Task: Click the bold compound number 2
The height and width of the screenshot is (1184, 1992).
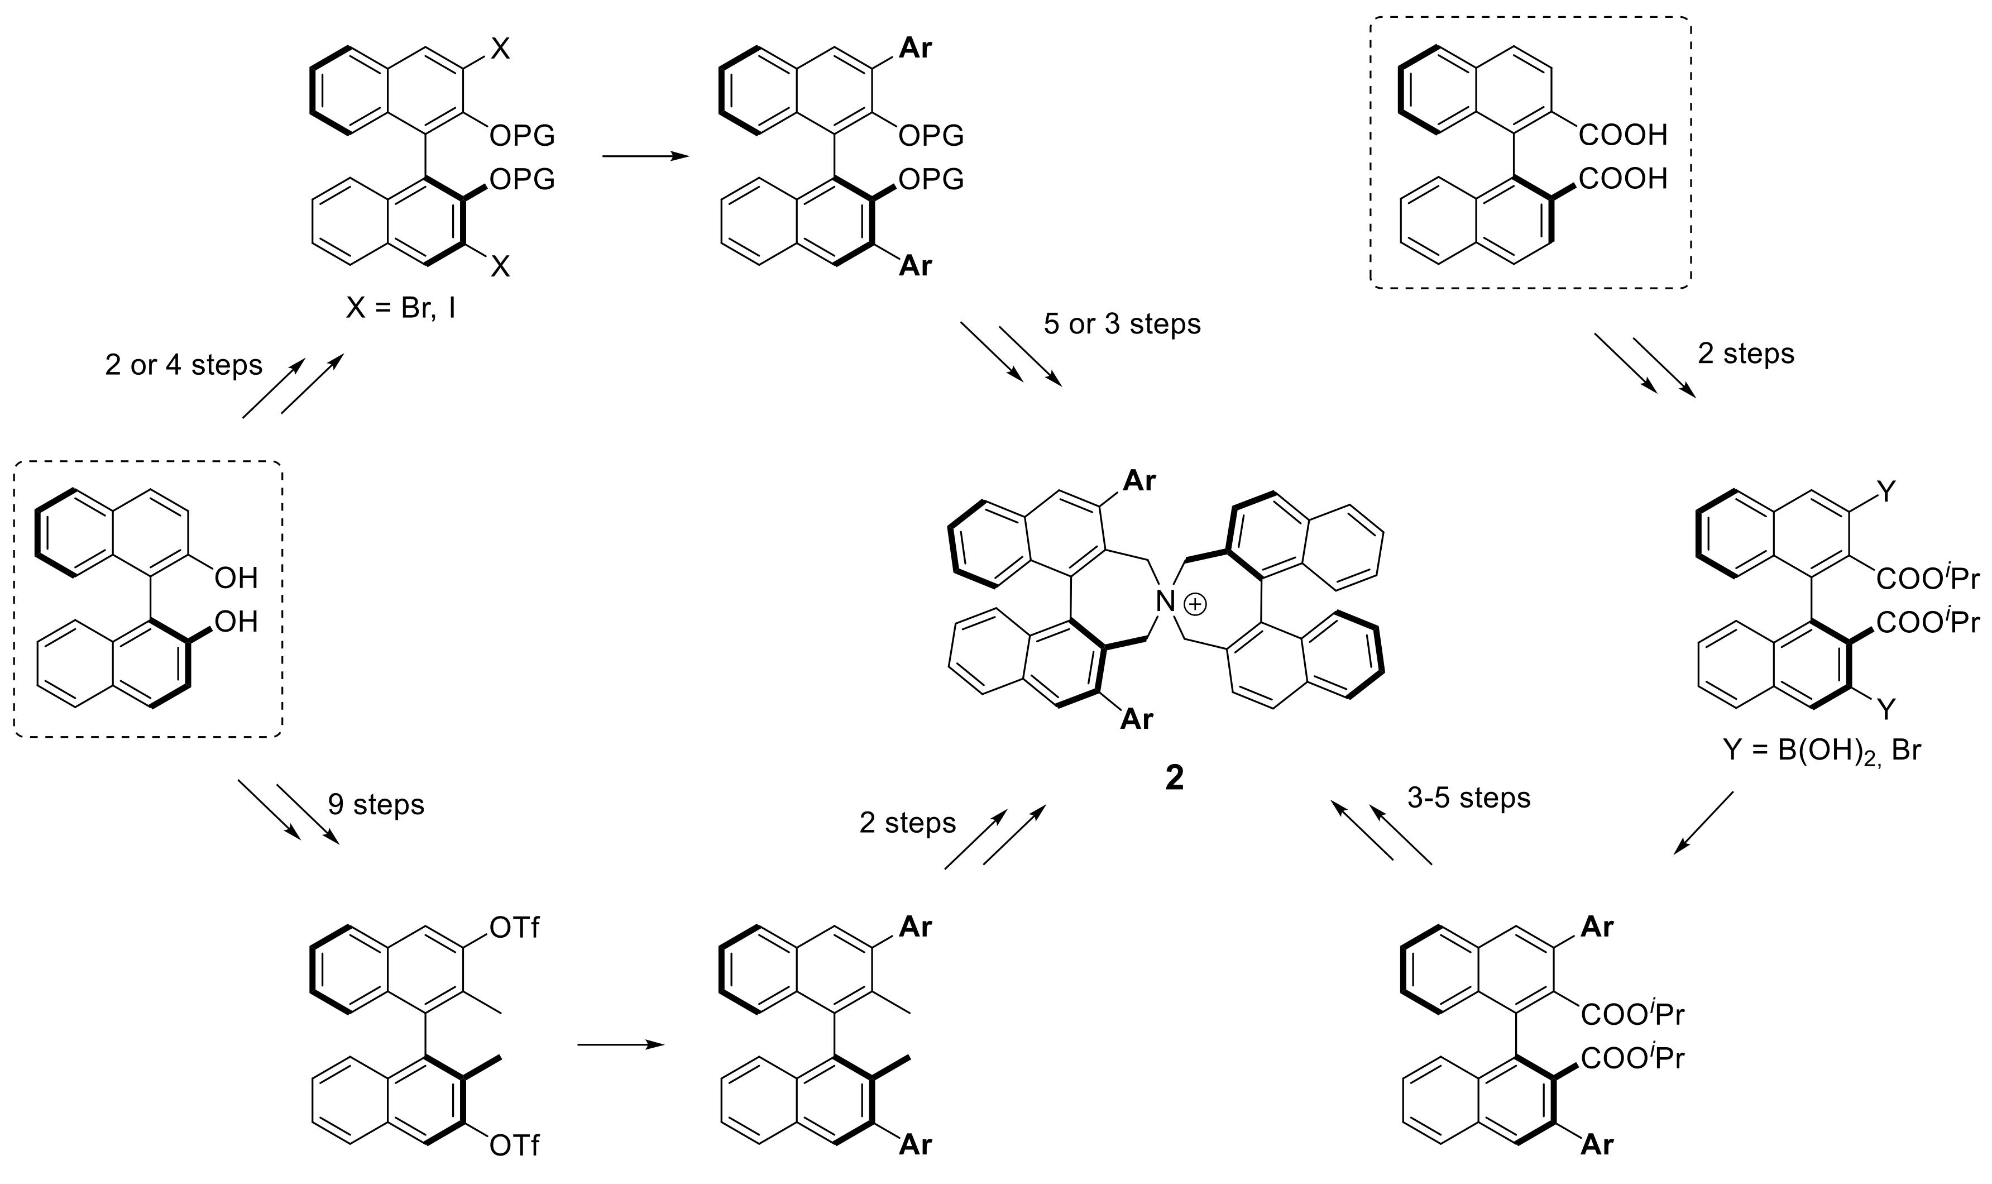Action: (x=1175, y=779)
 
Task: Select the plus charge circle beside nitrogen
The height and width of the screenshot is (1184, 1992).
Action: (x=1195, y=605)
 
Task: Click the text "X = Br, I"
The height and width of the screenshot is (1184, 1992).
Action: (x=401, y=307)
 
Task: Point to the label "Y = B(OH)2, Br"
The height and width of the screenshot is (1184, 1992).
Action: (x=1821, y=750)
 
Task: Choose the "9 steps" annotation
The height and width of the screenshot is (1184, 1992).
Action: (x=376, y=804)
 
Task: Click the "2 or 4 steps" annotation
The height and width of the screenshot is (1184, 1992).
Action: (x=184, y=365)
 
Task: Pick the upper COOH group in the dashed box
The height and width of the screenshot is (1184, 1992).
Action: (x=1623, y=135)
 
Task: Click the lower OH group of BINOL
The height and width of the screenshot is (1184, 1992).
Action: (x=236, y=622)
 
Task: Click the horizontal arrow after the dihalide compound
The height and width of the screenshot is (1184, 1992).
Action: (x=645, y=156)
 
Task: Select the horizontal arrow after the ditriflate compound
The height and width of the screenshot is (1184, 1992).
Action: (x=620, y=1044)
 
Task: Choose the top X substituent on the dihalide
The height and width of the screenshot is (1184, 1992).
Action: (x=500, y=50)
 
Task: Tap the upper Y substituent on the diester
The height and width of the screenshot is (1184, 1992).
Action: (x=1886, y=492)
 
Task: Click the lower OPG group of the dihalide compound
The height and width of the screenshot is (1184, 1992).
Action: (x=523, y=179)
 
